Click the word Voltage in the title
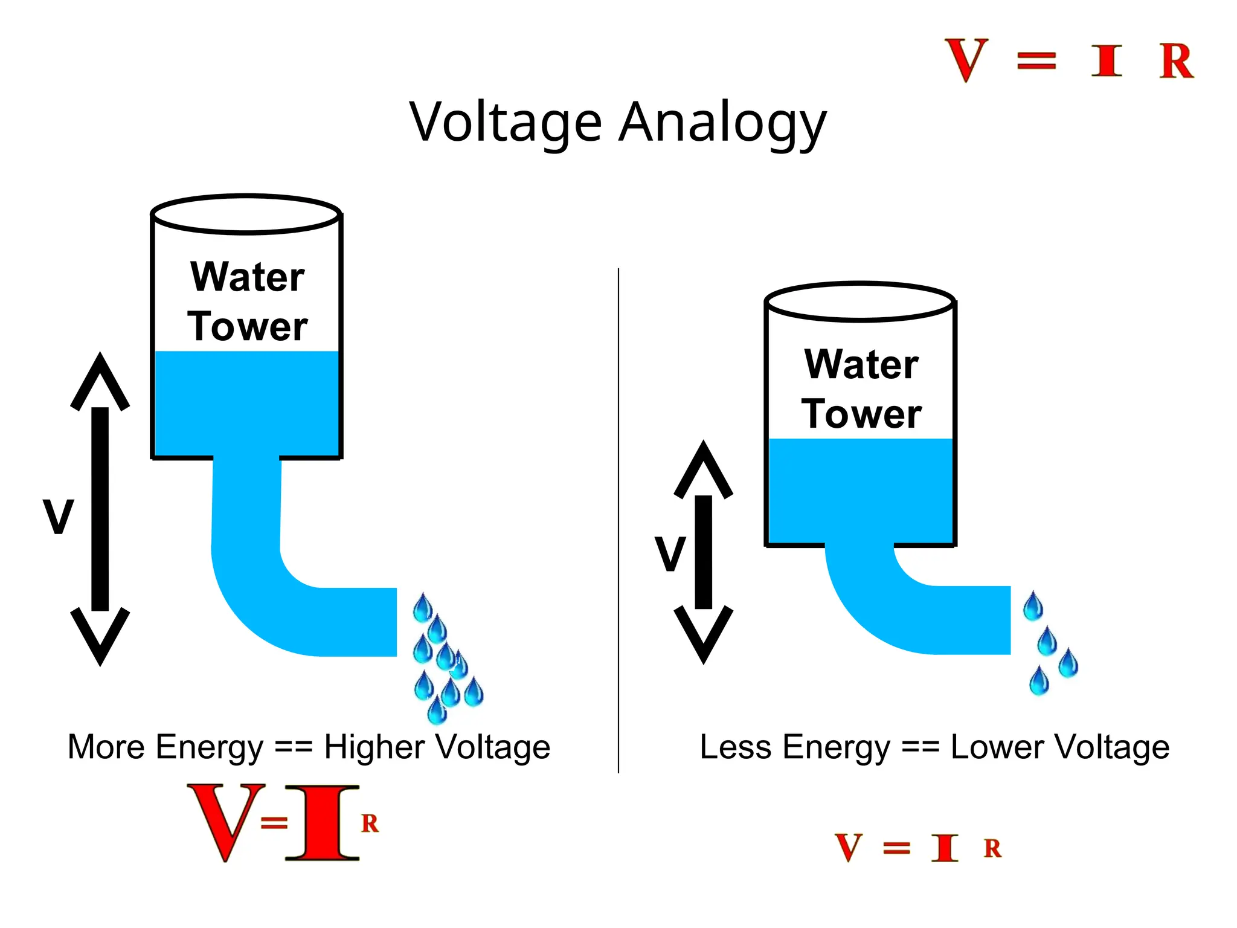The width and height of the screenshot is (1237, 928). pos(506,123)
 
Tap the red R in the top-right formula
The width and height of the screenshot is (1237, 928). pos(1175,61)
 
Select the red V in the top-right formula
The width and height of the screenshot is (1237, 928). pos(966,60)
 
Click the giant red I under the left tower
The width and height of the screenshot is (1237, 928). pos(323,823)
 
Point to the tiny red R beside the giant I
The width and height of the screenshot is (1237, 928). pos(370,823)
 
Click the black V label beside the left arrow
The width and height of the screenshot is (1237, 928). pos(59,517)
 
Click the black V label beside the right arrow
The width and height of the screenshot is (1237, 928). pos(670,553)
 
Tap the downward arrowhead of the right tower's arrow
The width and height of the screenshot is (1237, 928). pos(704,634)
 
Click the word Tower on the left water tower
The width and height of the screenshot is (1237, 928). pos(248,327)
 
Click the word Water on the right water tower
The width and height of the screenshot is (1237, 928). pos(861,364)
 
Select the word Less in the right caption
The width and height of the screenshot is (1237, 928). pos(735,747)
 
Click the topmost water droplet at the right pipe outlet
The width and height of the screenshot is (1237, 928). pos(1033,607)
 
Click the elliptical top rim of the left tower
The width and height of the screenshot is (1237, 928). pos(246,197)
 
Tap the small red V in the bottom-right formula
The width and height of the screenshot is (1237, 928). pos(849,848)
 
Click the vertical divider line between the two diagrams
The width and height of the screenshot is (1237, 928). pos(618,520)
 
